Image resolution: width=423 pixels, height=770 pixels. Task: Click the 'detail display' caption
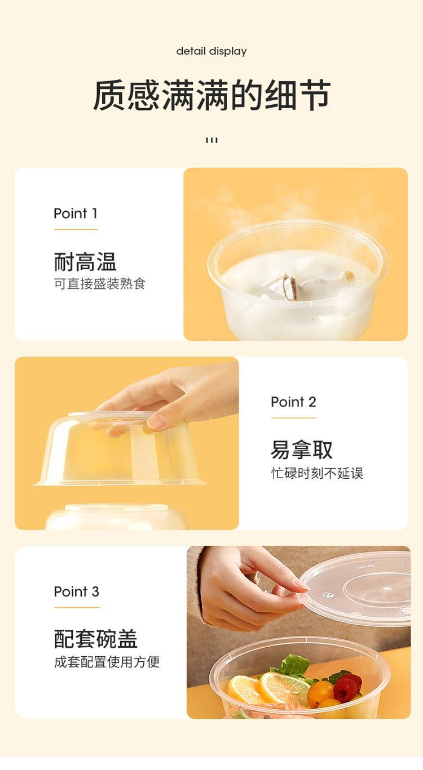coord(211,51)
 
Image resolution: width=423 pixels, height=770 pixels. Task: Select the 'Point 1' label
coord(76,213)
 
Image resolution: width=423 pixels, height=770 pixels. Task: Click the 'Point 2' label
coord(293,402)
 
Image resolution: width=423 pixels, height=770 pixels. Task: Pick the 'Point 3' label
coord(76,591)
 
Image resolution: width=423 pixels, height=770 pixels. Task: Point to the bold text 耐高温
coord(85,261)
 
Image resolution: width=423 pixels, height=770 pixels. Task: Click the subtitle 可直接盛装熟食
coord(100,284)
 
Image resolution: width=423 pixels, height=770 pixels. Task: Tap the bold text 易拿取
coord(302,449)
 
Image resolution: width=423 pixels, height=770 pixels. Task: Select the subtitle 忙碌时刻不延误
coord(317,473)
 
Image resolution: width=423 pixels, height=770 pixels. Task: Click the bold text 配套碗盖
coord(96,639)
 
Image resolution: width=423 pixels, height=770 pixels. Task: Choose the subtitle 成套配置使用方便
coord(107,662)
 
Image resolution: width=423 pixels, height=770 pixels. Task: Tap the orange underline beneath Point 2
coord(293,418)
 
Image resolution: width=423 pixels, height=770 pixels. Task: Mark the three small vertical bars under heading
coord(211,140)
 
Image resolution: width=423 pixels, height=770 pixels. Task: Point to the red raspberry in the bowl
coord(347,684)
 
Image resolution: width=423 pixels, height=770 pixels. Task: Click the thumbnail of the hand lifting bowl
coord(127,443)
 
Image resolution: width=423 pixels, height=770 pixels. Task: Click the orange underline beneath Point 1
coord(76,229)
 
